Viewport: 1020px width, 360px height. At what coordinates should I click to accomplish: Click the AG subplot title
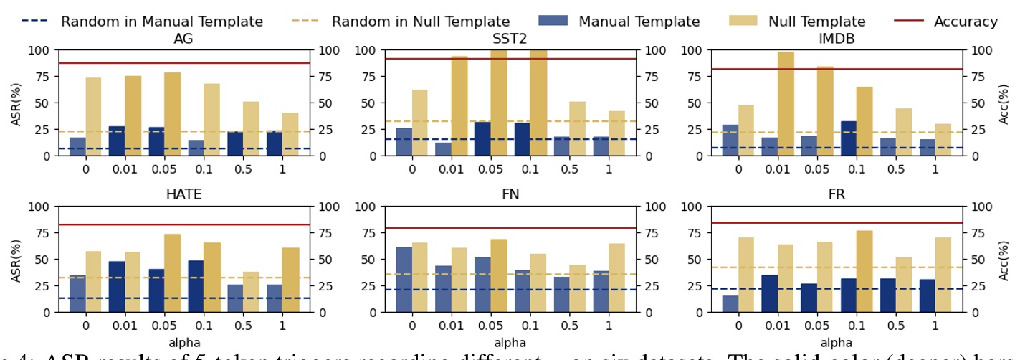pos(183,39)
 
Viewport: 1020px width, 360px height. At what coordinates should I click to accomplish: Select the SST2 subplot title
pos(510,39)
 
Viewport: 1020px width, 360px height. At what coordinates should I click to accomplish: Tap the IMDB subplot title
pos(836,39)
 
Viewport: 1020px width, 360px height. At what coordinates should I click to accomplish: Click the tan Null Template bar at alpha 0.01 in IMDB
pos(786,104)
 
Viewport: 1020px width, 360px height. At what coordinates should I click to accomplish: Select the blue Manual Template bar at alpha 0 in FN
pos(404,280)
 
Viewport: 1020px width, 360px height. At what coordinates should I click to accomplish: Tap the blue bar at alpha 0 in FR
pos(730,304)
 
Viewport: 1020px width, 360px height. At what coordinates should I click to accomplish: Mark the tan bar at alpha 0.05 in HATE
pos(172,273)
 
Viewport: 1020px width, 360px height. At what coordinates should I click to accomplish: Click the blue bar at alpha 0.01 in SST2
pos(444,149)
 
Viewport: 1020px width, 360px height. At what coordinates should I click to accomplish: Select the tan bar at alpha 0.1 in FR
pos(864,271)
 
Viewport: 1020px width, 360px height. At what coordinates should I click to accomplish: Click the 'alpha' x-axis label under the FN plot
pos(510,343)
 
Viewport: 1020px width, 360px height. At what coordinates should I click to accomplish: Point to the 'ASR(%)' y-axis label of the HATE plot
pos(16,260)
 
